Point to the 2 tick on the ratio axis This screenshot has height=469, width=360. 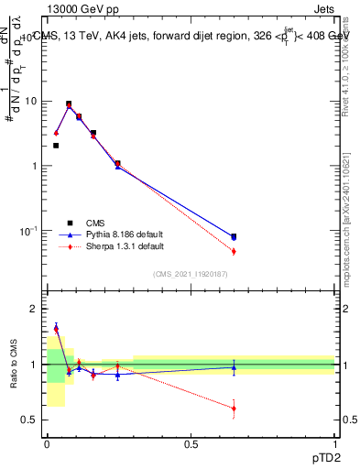pos(34,310)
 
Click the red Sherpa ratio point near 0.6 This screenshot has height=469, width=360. pos(234,409)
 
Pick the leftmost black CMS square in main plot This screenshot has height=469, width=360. pos(56,146)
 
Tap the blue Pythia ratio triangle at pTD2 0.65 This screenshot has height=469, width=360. pos(234,367)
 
